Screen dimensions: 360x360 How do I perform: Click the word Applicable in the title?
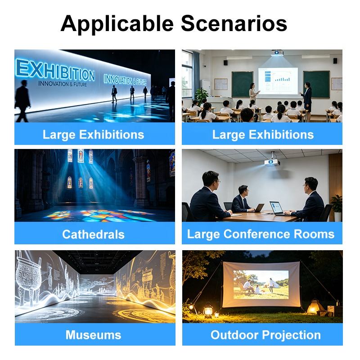point(117,24)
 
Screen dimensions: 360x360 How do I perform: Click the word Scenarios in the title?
point(234,23)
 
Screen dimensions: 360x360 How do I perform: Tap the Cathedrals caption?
point(93,234)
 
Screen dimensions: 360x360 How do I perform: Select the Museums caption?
point(93,335)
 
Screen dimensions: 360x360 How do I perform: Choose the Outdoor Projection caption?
point(265,335)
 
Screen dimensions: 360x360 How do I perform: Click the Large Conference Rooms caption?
point(261,234)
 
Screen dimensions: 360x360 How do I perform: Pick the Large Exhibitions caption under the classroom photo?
point(263,135)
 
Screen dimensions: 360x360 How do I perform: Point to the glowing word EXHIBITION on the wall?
point(55,70)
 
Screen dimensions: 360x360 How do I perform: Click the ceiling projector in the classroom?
point(277,53)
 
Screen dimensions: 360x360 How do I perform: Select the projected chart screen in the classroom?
point(278,81)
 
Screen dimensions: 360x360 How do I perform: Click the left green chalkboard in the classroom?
point(242,84)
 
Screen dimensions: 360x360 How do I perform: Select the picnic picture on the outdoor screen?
point(261,284)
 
